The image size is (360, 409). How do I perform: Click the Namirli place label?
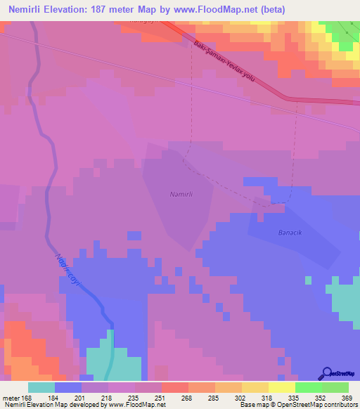(x=181, y=194)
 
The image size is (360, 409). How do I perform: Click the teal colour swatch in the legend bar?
(x=41, y=387)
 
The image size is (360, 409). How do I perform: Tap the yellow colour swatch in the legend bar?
(x=281, y=387)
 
